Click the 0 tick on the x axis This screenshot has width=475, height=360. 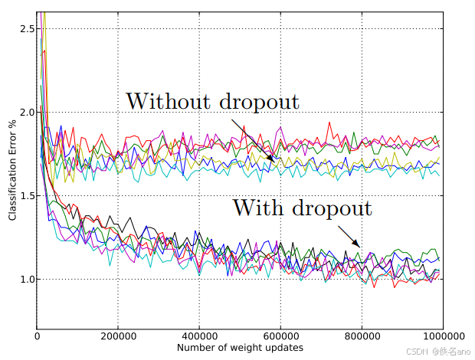[x=37, y=335]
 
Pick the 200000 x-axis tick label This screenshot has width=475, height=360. [x=118, y=335]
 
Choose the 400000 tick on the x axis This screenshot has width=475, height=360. [x=199, y=335]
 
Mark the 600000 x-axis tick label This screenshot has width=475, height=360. [x=280, y=335]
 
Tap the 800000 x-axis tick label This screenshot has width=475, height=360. [x=362, y=335]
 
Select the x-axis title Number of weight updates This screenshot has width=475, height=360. [x=240, y=349]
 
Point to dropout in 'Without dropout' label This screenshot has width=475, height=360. [x=258, y=102]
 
